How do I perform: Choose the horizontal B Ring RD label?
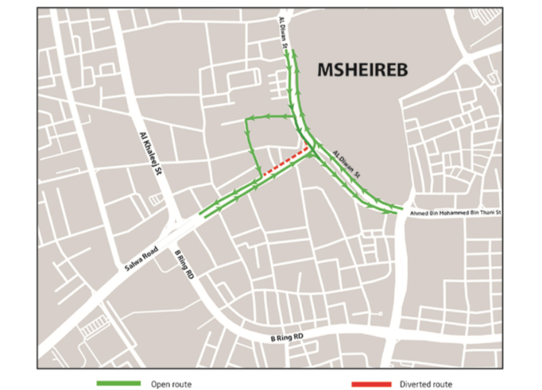287,337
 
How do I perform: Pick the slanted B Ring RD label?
184,265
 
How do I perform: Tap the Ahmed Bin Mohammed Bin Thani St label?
456,213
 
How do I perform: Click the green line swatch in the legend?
119,383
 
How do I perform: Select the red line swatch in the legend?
371,384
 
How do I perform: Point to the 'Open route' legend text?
171,384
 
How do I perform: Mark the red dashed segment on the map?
286,161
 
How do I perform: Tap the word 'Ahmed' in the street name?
419,213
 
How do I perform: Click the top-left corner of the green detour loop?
246,120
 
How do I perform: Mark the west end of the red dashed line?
264,173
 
